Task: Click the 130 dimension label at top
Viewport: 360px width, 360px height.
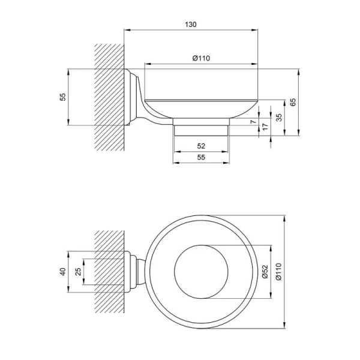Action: (191, 25)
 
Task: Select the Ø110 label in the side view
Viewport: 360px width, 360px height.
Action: (201, 58)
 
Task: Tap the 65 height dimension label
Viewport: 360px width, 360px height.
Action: (293, 102)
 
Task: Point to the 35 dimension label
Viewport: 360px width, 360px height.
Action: (278, 118)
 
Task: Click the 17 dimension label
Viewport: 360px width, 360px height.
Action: (265, 127)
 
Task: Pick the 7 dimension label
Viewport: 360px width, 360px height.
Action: (253, 121)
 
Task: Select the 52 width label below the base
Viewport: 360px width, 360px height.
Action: (201, 146)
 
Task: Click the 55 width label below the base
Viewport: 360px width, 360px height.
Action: (201, 157)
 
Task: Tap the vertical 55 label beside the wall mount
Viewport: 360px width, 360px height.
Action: (62, 97)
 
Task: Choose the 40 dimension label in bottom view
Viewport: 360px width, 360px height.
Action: (62, 272)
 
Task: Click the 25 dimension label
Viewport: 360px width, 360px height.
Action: (78, 272)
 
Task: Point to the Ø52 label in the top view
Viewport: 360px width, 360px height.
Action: (265, 272)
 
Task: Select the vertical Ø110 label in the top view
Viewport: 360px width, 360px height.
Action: (278, 272)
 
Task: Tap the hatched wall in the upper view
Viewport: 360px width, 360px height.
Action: (109, 97)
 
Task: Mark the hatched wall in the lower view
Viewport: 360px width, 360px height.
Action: (109, 272)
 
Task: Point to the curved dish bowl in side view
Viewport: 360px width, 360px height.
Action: (201, 109)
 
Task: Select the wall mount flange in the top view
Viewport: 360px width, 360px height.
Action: (127, 272)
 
